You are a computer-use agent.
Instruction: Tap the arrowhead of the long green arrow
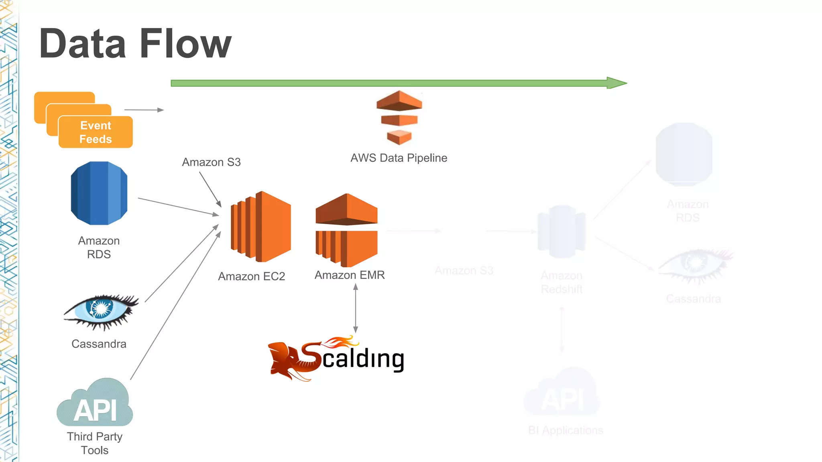pos(616,83)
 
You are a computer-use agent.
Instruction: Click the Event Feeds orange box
pos(96,132)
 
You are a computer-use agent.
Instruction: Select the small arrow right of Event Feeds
pos(144,109)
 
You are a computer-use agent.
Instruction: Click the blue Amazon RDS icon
pos(99,193)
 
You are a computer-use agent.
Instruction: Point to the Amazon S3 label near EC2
pos(211,162)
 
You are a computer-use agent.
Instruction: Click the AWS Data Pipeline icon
pos(399,118)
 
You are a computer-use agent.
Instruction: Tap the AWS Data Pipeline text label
pos(399,158)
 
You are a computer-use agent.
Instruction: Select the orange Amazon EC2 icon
pos(261,227)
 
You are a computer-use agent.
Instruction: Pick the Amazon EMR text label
pos(350,275)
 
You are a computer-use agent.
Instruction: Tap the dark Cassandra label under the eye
pos(99,344)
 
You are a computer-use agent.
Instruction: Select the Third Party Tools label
pos(95,443)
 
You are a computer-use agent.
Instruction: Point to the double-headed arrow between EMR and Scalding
pos(355,308)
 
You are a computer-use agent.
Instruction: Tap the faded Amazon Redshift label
pos(562,282)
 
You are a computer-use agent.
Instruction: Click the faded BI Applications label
pos(566,430)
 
